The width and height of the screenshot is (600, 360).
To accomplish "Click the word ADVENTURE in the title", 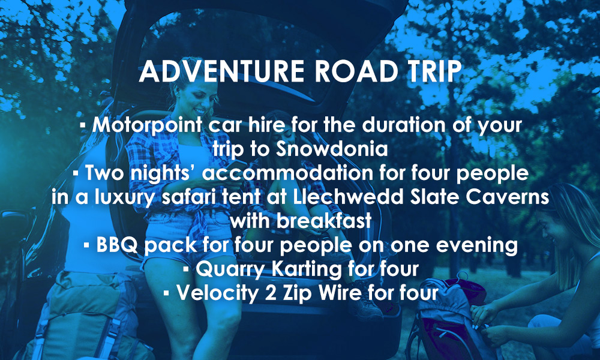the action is coord(222,71).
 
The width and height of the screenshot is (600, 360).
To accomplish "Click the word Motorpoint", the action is coord(148,125).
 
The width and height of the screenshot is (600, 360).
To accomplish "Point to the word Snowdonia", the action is coord(332,149).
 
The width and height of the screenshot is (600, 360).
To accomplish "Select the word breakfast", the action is coord(324,221).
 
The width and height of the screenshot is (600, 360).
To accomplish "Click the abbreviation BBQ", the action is coord(117,245).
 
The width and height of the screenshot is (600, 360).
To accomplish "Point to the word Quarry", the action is coord(230,269).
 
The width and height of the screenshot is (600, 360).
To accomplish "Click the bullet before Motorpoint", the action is coord(83,125).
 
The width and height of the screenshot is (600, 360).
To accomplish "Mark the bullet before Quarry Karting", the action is coord(186,270).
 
